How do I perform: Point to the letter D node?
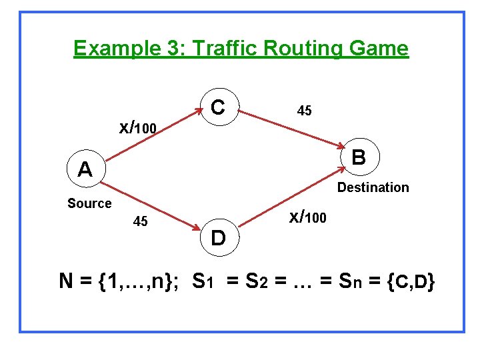click(218, 237)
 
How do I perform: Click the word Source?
click(89, 203)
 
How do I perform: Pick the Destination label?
click(373, 187)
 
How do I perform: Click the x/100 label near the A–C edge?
click(137, 126)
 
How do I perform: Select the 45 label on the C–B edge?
click(304, 111)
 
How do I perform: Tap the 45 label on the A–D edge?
click(141, 221)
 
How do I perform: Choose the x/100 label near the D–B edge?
click(307, 217)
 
